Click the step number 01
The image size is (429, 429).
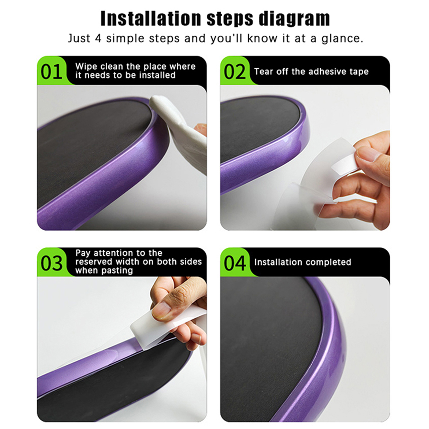(x=51, y=72)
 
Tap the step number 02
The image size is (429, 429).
(x=235, y=72)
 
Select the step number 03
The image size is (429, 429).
(x=51, y=263)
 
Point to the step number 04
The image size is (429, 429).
(x=235, y=263)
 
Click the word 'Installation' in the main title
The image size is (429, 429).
(x=151, y=19)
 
